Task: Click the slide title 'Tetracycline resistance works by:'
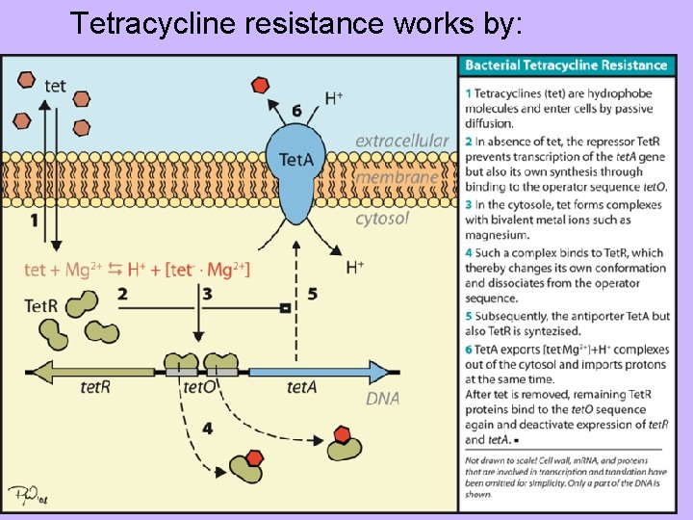(296, 23)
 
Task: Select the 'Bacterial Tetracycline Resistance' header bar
(566, 65)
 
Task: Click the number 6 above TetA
(296, 112)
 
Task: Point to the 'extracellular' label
(401, 141)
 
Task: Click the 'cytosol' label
(382, 218)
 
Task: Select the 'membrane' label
(397, 178)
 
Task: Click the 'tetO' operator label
(200, 388)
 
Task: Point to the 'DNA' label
(382, 397)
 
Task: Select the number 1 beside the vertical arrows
(34, 221)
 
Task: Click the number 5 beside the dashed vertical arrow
(312, 294)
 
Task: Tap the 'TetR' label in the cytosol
(41, 306)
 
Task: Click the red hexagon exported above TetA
(258, 85)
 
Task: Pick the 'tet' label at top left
(56, 86)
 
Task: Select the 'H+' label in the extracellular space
(334, 97)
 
